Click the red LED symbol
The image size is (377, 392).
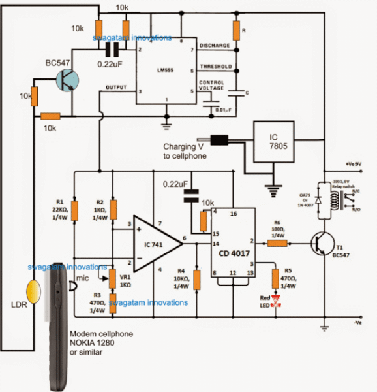pyautogui.click(x=276, y=301)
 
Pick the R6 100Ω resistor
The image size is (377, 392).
pyautogui.click(x=277, y=244)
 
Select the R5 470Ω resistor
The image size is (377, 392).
pyautogui.click(x=276, y=278)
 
